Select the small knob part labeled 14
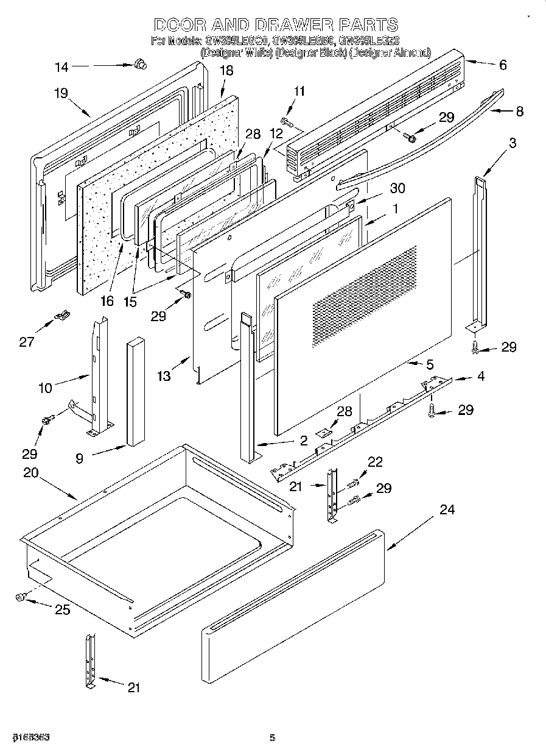(x=140, y=63)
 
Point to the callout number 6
(x=502, y=65)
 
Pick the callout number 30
(x=397, y=188)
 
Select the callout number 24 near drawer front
(x=447, y=509)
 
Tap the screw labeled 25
(x=21, y=598)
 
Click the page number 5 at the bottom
(x=273, y=738)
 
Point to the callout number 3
(x=513, y=143)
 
